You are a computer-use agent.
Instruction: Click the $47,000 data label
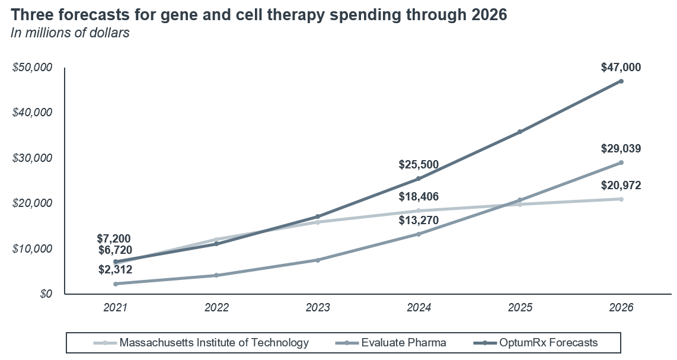pos(621,68)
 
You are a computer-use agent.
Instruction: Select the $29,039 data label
pos(621,149)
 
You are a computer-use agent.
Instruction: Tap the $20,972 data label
pos(621,186)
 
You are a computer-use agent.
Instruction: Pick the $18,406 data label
pos(419,197)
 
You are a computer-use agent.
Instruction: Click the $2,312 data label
pos(115,270)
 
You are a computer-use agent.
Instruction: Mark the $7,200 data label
pos(115,238)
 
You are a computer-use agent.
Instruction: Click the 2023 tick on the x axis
pos(318,308)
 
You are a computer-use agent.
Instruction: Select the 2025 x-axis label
pos(520,308)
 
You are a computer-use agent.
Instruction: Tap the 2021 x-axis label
pos(116,308)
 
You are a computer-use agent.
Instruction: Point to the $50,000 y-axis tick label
pos(33,68)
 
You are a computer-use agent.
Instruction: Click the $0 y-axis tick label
pos(46,294)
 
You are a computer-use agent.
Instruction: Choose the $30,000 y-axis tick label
pos(33,158)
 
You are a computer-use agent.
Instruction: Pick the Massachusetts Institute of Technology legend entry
pos(214,342)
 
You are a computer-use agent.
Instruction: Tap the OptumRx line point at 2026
pos(621,81)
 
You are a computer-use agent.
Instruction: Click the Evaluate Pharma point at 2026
pos(621,163)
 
